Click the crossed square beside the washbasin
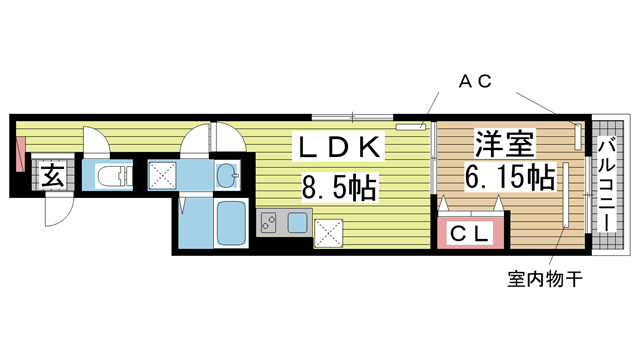pyautogui.click(x=163, y=176)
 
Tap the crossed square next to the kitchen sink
pyautogui.click(x=327, y=233)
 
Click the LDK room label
pyautogui.click(x=338, y=148)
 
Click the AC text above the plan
pyautogui.click(x=475, y=84)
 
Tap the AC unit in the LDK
pyautogui.click(x=411, y=127)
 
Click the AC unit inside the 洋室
pyautogui.click(x=577, y=135)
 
